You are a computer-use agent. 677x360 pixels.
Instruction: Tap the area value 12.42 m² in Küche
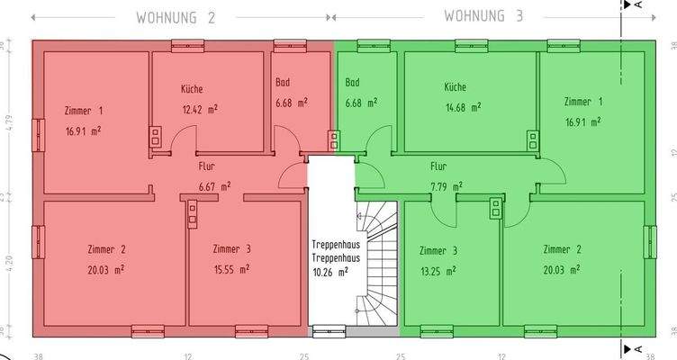pyautogui.click(x=199, y=109)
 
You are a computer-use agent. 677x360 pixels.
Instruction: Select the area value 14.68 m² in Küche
pyautogui.click(x=462, y=107)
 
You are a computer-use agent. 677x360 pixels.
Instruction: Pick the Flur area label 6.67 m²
pyautogui.click(x=214, y=186)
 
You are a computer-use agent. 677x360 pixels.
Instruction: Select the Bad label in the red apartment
pyautogui.click(x=283, y=83)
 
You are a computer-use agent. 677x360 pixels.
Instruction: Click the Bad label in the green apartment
pyautogui.click(x=353, y=83)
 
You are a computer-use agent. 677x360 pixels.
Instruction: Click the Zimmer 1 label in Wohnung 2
pyautogui.click(x=84, y=111)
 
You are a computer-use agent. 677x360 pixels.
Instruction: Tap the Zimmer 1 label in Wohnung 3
pyautogui.click(x=583, y=102)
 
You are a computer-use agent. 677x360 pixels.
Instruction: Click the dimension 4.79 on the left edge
pyautogui.click(x=5, y=120)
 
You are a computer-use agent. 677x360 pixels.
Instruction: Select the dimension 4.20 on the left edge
pyautogui.click(x=5, y=265)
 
